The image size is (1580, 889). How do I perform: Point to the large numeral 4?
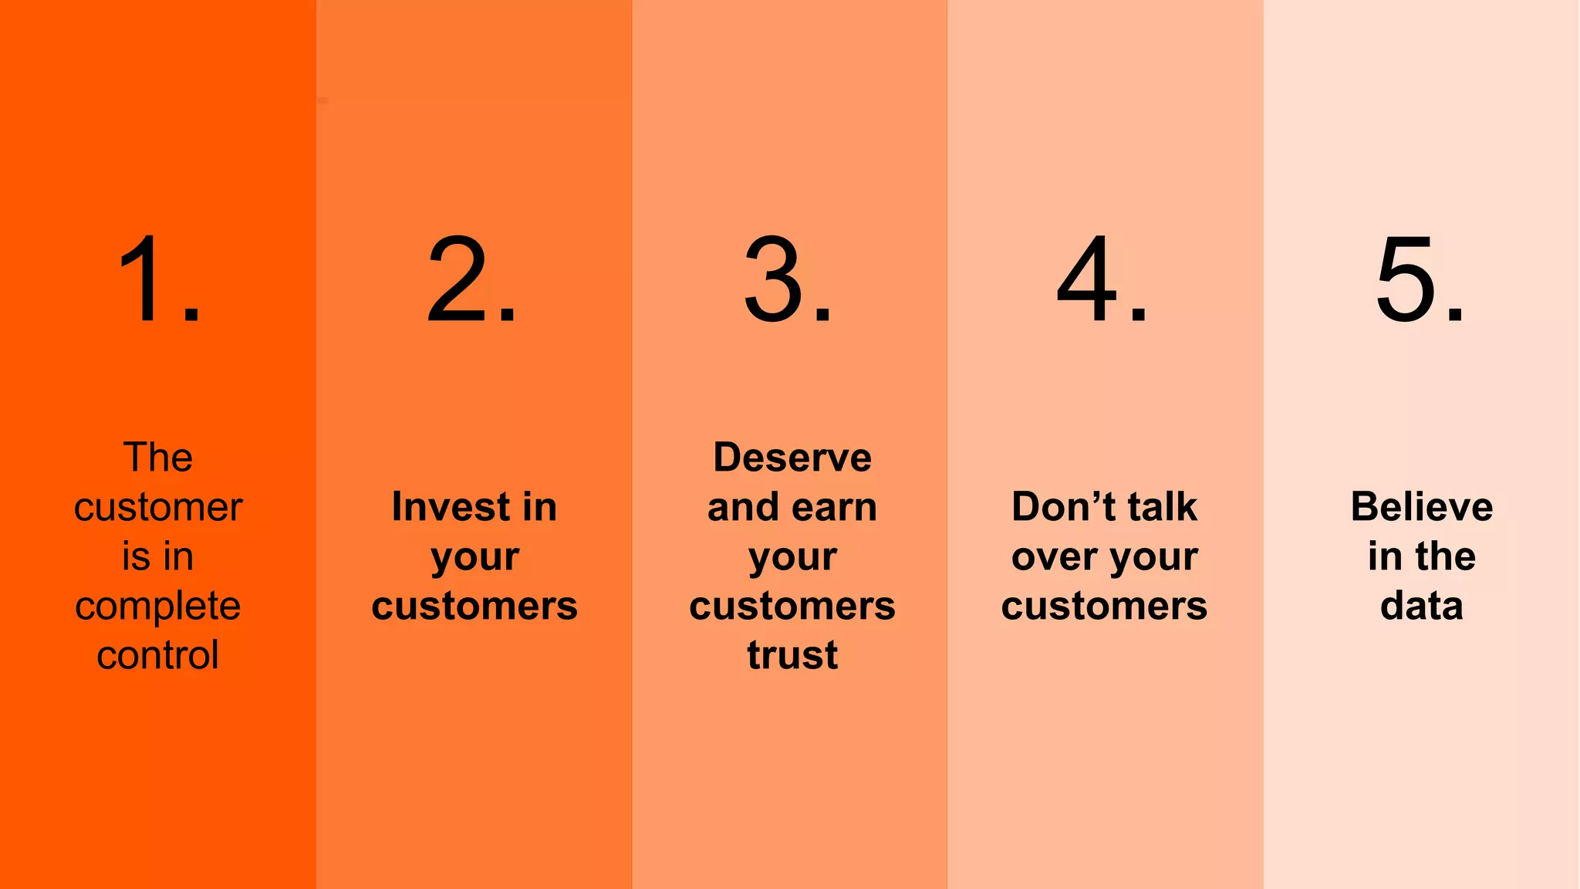1087,279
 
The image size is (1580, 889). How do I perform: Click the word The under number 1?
157,458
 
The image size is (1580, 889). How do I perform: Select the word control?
157,655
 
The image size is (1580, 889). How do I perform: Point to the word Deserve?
792,458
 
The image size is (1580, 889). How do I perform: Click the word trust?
792,655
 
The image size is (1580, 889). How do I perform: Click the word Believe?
1421,507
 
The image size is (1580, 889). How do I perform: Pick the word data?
1421,606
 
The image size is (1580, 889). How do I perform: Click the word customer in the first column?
157,508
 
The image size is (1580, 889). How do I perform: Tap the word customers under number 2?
474,606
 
